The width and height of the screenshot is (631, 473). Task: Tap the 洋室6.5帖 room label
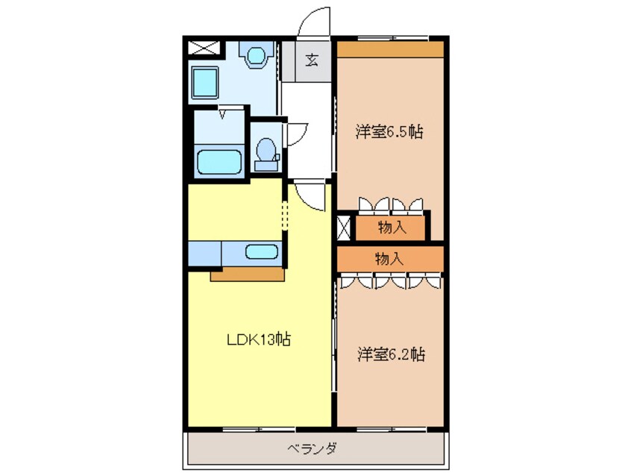pos(389,132)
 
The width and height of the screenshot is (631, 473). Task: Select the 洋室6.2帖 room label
pos(390,354)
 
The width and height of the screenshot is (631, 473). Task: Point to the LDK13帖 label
pos(259,339)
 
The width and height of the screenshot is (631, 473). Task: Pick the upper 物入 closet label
pos(392,228)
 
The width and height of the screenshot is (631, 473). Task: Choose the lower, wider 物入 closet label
pos(389,259)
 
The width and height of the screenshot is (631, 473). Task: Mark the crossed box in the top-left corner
pos(204,48)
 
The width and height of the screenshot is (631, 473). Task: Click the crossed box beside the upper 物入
pos(344,227)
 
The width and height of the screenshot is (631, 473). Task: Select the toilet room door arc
pos(296,134)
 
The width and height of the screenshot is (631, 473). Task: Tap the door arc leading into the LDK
pos(312,196)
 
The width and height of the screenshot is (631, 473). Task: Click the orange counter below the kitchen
pos(247,275)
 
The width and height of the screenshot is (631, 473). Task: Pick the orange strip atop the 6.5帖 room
pos(389,48)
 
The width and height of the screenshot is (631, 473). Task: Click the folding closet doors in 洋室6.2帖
pos(390,281)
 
